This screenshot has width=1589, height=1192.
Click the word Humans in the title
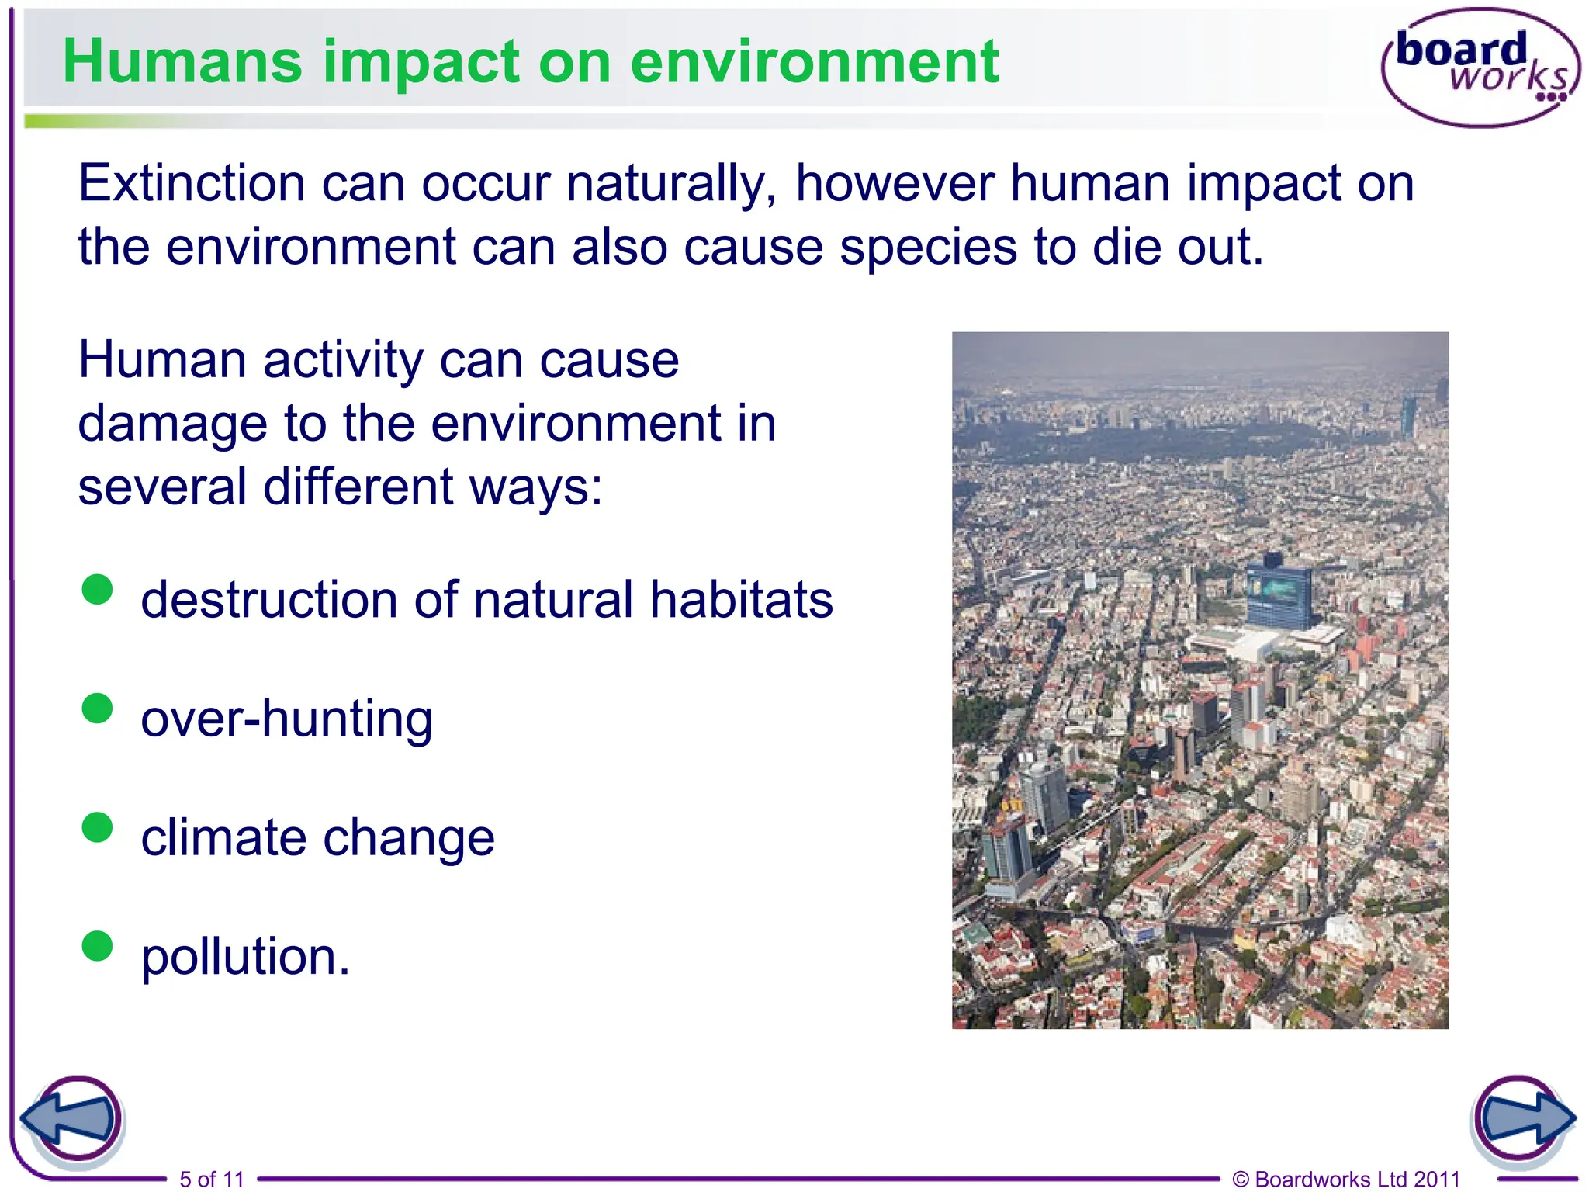coord(183,62)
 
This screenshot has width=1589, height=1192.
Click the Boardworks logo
coord(1480,68)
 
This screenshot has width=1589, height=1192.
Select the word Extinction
coord(192,184)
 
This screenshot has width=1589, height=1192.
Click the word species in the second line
coord(927,248)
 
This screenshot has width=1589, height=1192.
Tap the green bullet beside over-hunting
coord(98,708)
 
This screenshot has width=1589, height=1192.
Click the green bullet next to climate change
coord(98,827)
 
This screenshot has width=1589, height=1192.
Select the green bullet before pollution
coord(98,946)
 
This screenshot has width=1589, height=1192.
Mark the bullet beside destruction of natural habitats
coord(98,589)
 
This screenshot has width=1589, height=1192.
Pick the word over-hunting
coord(286,719)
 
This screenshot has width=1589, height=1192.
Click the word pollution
coord(244,957)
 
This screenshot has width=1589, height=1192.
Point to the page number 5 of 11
coord(211,1180)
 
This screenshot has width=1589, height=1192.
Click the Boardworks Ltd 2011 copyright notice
coord(1346,1180)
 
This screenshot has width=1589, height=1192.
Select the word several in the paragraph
coord(162,487)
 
